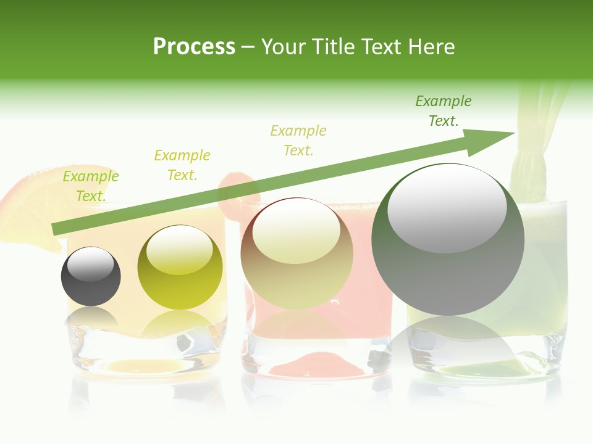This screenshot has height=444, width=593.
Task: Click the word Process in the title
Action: pos(194,47)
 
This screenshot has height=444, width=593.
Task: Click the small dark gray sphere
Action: pos(91,276)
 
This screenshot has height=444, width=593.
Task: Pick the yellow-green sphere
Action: pos(180,267)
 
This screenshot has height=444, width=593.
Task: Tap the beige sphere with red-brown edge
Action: pos(296,253)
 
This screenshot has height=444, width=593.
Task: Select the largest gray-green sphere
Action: pos(448,239)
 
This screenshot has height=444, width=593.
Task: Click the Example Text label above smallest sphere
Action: pos(91,186)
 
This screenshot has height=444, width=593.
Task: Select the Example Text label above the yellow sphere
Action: pos(182,165)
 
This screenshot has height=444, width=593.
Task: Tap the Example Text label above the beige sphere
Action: pos(298,140)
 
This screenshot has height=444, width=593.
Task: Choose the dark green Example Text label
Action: pos(444,111)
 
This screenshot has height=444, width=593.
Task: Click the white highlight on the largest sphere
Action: pos(447,207)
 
